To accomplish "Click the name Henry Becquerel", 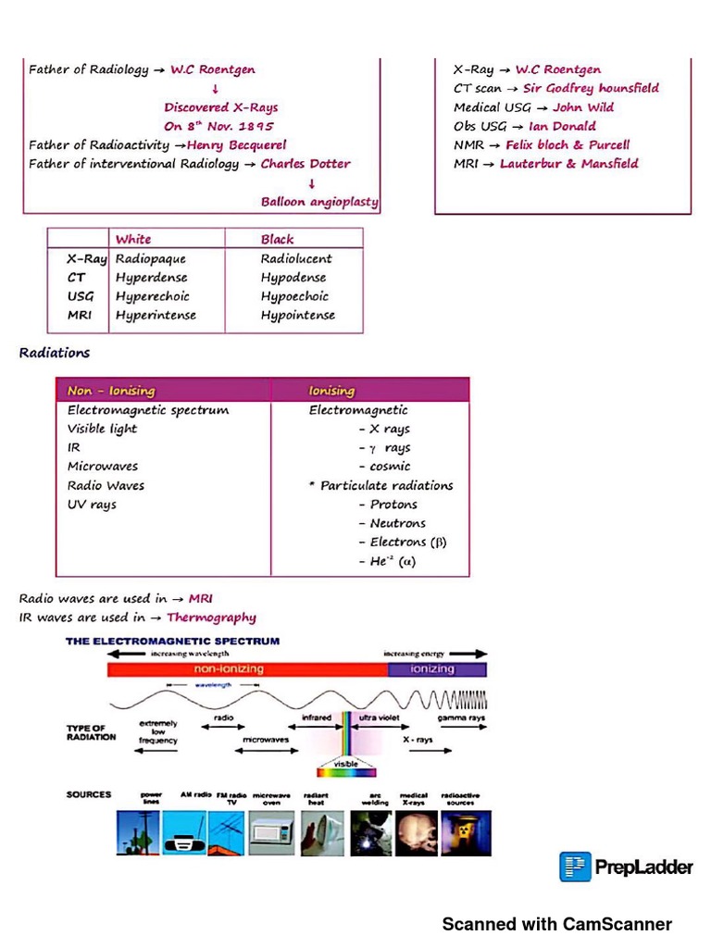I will click(x=236, y=145).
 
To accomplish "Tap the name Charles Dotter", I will click(x=306, y=164).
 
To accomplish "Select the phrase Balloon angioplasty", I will click(x=319, y=202).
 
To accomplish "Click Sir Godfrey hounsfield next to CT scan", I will click(x=591, y=89).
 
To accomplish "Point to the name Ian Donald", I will click(x=562, y=127).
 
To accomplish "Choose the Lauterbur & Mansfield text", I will click(x=568, y=164).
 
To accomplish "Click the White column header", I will click(x=133, y=239).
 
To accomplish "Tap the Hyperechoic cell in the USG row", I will click(x=153, y=296).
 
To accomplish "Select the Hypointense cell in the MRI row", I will click(x=298, y=316).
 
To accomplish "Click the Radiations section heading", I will click(x=55, y=353).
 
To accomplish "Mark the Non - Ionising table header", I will click(x=111, y=391).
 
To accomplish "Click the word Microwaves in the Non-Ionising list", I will click(x=103, y=467).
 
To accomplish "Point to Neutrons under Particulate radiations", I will click(x=398, y=524).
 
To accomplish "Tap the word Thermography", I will click(x=211, y=617).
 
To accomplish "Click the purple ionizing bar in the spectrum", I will click(x=435, y=669).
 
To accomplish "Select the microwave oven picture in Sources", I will click(x=271, y=833).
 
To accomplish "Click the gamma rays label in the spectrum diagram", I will click(x=461, y=718).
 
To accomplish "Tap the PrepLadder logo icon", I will click(x=575, y=867).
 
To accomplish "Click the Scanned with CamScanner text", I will click(x=556, y=924).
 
